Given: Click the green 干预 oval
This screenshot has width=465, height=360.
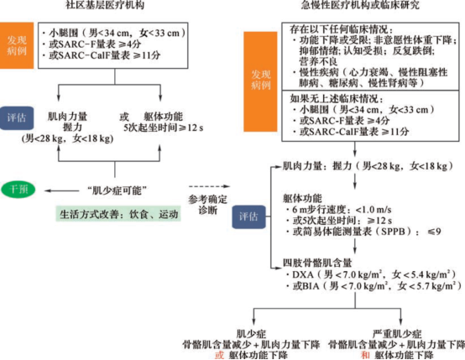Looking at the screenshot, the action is pos(18,189).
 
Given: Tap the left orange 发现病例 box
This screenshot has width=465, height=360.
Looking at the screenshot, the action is pos(17,45).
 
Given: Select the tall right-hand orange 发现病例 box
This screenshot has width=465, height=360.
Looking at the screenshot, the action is pos(260,81).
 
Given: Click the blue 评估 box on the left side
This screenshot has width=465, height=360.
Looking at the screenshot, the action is pos(17,118).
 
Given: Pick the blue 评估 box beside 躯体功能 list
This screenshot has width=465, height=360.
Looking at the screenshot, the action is pos(248,217).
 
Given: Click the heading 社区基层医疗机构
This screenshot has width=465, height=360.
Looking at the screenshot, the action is pos(105,4).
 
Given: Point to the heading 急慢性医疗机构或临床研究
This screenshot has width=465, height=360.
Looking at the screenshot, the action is pos(360,4).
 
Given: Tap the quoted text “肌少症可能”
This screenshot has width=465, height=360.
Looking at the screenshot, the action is pos(117,190).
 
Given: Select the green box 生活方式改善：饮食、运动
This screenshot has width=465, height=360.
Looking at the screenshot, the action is pos(118,214).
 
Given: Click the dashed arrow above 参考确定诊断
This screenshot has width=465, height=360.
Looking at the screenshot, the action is pos(209,186).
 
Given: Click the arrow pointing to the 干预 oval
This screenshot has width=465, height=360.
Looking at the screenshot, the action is pos(61,190).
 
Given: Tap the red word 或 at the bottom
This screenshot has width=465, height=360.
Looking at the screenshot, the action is pos(219,355).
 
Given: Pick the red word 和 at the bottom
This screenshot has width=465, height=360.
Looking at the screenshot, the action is pos(365,355).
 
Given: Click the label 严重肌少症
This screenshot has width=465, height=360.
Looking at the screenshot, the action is pos(397,334).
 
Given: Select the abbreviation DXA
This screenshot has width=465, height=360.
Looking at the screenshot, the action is pos(303,274).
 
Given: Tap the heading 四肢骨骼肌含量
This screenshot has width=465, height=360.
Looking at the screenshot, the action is pos(317,263).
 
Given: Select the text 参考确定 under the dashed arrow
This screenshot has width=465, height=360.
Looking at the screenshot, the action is pos(207,199).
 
